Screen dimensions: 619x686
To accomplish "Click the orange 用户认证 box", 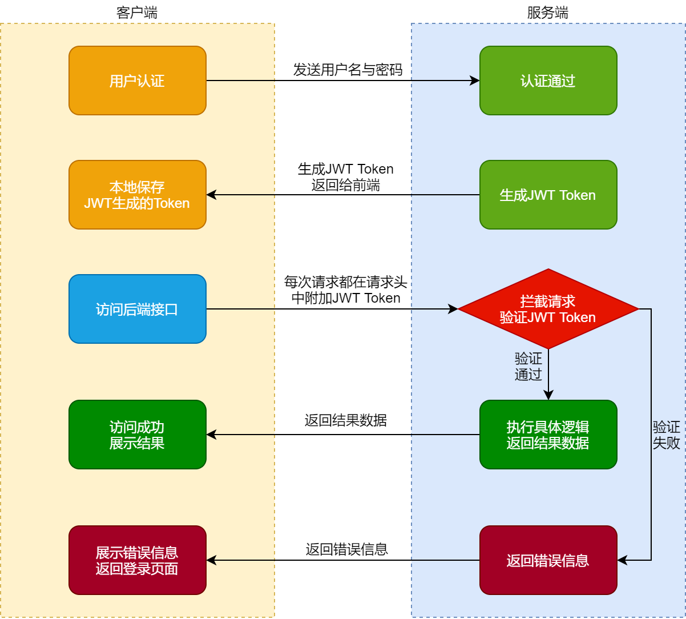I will click(137, 81).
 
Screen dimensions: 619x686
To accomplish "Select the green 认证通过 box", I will click(548, 81).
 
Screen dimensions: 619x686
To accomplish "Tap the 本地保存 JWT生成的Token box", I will click(137, 195).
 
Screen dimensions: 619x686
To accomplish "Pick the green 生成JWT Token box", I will click(548, 195).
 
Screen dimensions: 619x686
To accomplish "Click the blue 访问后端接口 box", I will click(137, 309).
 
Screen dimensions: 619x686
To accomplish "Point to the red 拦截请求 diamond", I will click(548, 309).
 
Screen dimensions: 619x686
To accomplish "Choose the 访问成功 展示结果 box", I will click(137, 435).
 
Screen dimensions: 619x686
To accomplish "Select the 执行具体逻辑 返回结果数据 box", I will click(548, 435).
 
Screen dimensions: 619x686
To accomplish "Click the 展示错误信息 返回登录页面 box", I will click(137, 560).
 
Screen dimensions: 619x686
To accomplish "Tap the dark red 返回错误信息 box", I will click(548, 560).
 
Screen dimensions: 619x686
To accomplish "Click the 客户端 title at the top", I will click(137, 13).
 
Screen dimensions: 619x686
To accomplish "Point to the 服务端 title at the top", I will click(548, 13).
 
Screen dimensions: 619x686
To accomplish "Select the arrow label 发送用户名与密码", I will click(348, 70).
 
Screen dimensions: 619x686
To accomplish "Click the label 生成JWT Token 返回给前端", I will click(346, 177).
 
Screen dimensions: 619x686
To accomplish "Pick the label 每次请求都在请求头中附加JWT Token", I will click(346, 290).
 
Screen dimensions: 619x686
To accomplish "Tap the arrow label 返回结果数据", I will click(346, 421).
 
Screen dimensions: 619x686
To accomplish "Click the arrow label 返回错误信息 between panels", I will click(346, 549).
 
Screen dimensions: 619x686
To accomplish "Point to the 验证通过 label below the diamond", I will click(528, 367).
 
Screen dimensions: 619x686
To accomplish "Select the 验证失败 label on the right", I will click(666, 435).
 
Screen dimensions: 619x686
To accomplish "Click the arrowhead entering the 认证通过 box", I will click(475, 81).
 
